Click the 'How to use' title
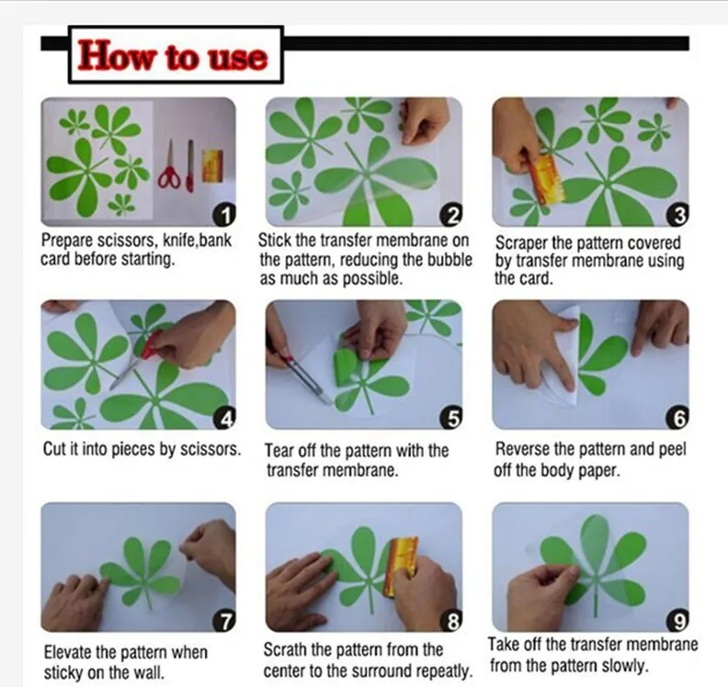[x=173, y=56]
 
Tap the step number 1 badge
[x=223, y=215]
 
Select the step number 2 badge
[x=451, y=215]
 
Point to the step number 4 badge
[x=223, y=419]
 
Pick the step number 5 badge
[x=451, y=419]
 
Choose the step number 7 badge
[x=223, y=621]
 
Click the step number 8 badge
[x=451, y=622]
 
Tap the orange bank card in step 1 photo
[x=212, y=163]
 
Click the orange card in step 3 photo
[x=549, y=178]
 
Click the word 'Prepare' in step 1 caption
[x=66, y=242]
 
